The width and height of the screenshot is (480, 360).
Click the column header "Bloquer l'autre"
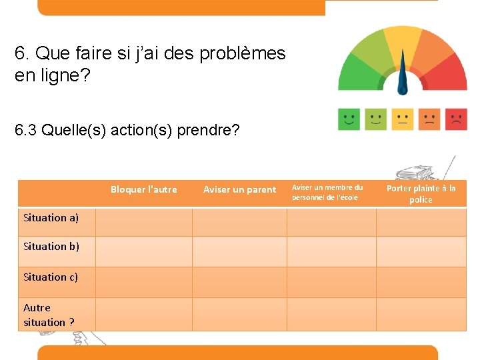143,190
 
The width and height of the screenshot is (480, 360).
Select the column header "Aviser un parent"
239,190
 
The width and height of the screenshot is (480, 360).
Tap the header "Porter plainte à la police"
421,194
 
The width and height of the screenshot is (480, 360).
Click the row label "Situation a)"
51,218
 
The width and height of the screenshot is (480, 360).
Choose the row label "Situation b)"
51,247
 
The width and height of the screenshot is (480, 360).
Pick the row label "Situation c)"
51,277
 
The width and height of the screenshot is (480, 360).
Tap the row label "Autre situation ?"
49,315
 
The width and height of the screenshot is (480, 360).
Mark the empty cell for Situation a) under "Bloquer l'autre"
144,222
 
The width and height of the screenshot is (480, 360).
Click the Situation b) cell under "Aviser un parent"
239,252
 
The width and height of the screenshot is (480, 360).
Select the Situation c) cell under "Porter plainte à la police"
421,282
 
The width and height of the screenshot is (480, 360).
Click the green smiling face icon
349,119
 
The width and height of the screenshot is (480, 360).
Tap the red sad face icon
457,119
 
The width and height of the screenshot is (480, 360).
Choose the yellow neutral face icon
403,119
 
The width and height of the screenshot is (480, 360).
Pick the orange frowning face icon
430,119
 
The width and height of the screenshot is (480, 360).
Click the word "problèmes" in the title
243,53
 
